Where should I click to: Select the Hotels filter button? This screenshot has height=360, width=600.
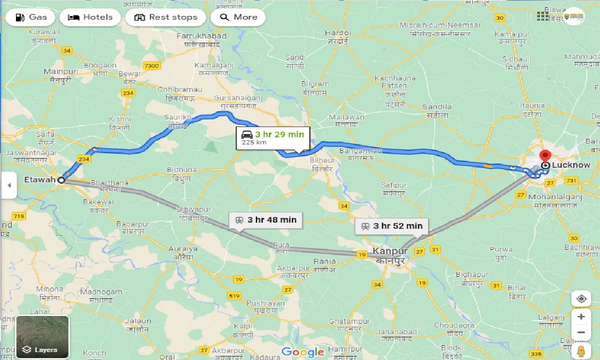pyautogui.click(x=90, y=17)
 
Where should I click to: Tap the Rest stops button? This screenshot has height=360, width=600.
pyautogui.click(x=165, y=17)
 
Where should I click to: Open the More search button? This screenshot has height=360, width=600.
pyautogui.click(x=238, y=17)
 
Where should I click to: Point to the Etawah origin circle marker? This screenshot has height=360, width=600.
pyautogui.click(x=61, y=180)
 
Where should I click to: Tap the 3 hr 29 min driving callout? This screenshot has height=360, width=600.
pyautogui.click(x=273, y=137)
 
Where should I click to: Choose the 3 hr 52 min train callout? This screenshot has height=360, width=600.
pyautogui.click(x=391, y=226)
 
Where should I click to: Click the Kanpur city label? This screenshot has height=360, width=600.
pyautogui.click(x=390, y=251)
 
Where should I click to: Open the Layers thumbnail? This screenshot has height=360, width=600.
pyautogui.click(x=43, y=337)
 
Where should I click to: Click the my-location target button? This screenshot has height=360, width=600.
pyautogui.click(x=581, y=299)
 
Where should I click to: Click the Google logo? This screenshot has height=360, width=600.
pyautogui.click(x=303, y=352)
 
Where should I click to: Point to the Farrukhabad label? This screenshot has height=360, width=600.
pyautogui.click(x=201, y=36)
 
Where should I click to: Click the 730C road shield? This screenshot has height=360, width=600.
pyautogui.click(x=152, y=66)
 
